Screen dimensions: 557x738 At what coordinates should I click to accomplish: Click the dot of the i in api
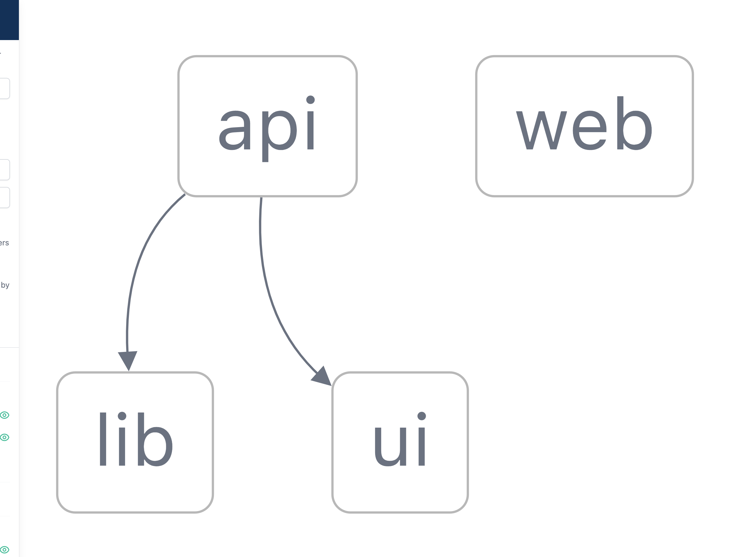pos(310,100)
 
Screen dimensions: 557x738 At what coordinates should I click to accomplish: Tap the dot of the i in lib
pos(122,416)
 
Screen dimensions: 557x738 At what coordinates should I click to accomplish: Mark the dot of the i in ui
pos(422,416)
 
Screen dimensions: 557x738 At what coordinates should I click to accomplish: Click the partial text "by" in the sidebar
pos(5,285)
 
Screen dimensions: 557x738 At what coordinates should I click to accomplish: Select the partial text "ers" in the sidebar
pos(4,243)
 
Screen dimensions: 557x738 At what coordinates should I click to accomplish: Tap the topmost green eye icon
pos(4,415)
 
